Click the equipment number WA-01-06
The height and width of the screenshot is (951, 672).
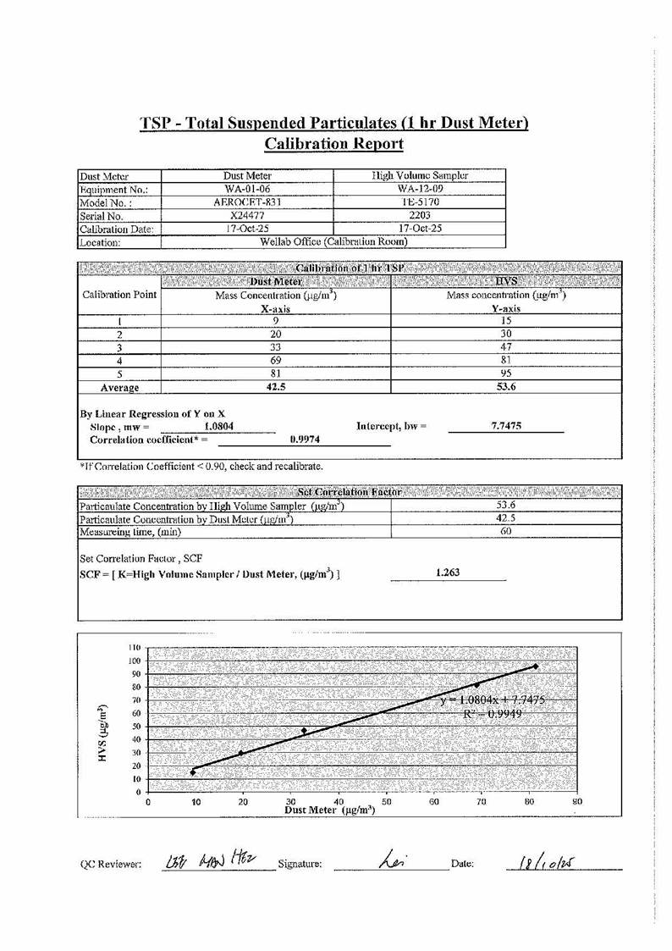(247, 189)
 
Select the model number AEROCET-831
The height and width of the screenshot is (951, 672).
(247, 202)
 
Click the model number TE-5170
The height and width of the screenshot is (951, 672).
(420, 202)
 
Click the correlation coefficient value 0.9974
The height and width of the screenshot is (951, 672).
(304, 440)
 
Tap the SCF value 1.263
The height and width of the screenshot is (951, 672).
(448, 572)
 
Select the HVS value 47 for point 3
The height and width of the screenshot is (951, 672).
(505, 347)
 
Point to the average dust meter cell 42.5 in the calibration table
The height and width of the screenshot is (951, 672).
(275, 387)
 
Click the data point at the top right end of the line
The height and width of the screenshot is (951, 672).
(536, 666)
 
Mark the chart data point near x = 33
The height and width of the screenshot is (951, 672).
(304, 730)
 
